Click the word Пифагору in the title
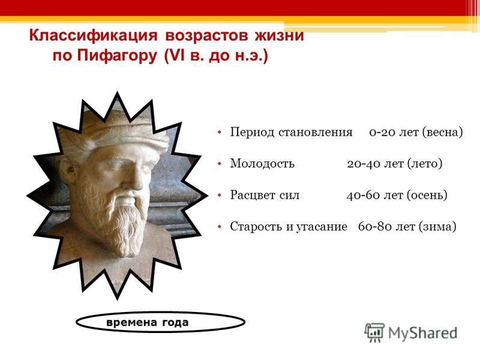pos(116,56)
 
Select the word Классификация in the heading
pos(93,35)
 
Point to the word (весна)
pos(442,132)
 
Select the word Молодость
pos(262,163)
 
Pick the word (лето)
pos(425,164)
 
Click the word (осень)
pos(427,196)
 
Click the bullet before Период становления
pos(219,132)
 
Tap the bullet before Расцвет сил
pos(219,195)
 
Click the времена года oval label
pos(160,322)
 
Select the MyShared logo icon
pos(374,332)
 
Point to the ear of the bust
pos(69,172)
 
